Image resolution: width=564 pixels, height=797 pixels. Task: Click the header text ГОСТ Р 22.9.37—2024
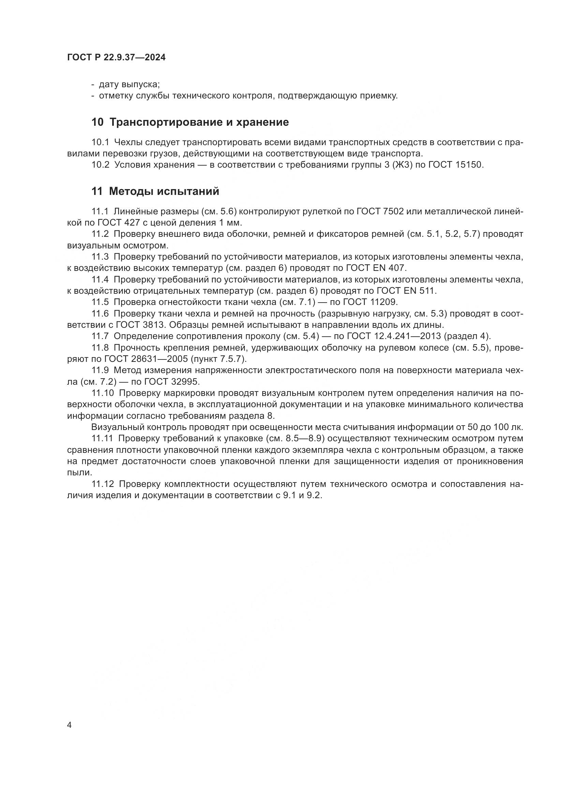[x=116, y=58]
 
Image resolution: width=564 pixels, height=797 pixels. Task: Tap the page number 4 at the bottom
[x=70, y=725]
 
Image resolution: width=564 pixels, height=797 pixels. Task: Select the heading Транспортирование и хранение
[x=199, y=122]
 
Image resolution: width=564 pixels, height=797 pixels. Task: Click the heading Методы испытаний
[x=164, y=191]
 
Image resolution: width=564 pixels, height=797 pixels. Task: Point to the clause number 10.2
[x=100, y=165]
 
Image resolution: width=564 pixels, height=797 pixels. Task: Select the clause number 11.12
[x=102, y=484]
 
